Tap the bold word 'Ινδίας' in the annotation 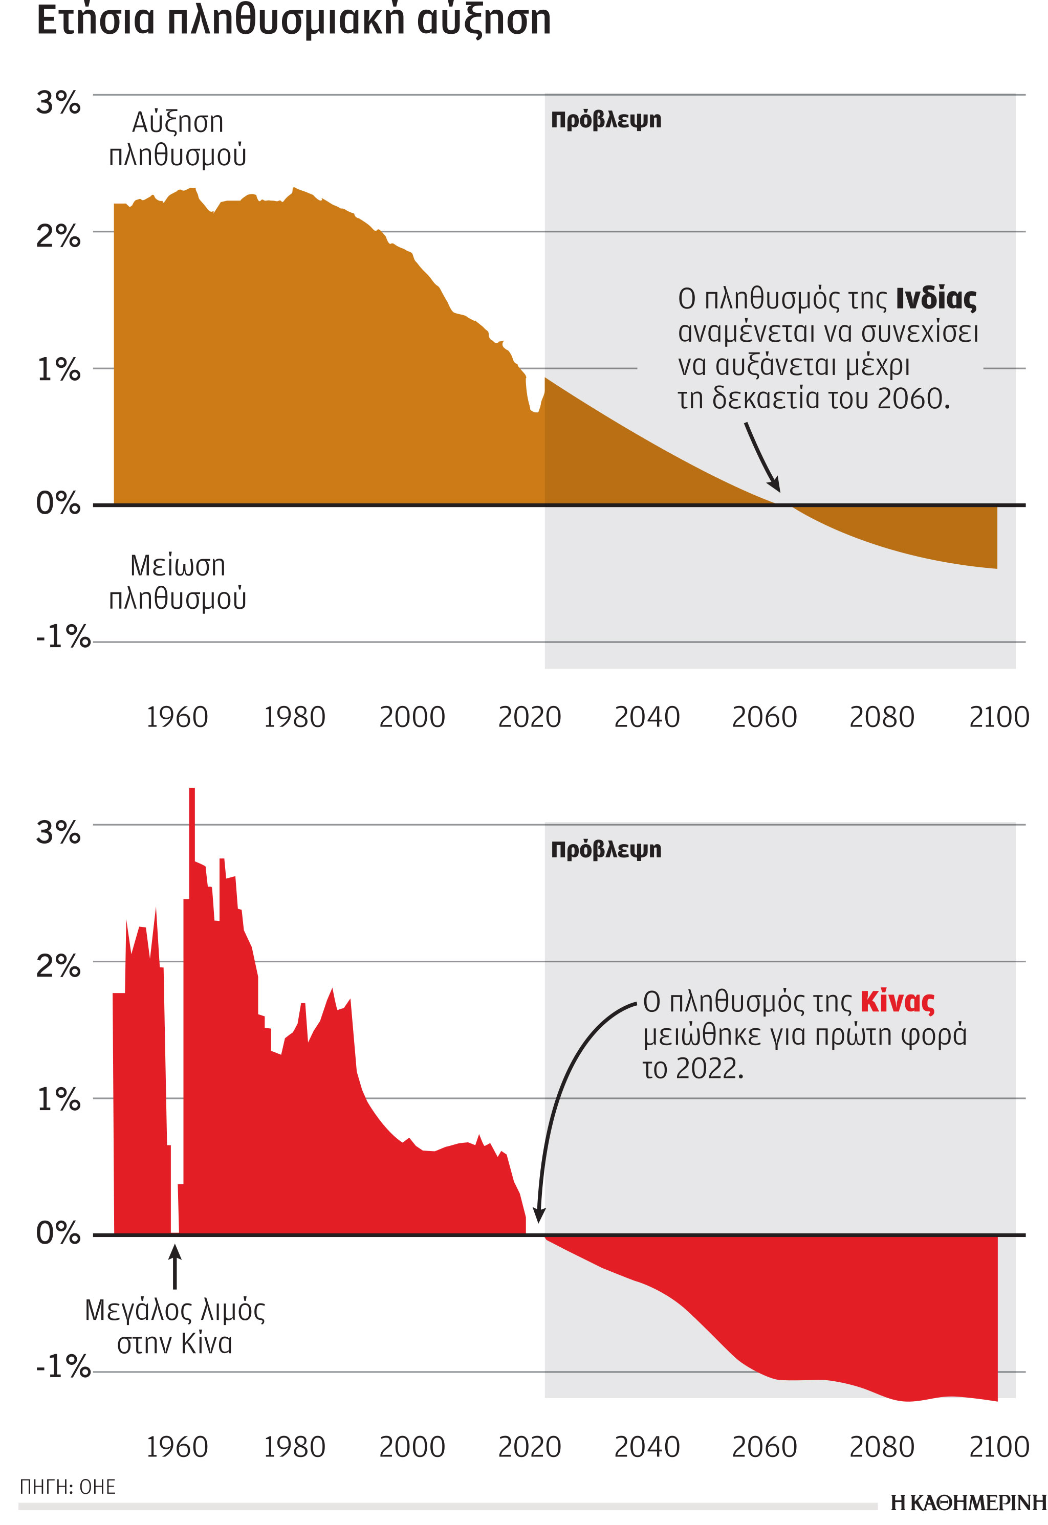click(x=936, y=299)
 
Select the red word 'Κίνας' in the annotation click(x=897, y=1002)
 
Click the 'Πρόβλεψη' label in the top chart click(x=605, y=120)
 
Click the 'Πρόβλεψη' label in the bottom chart click(x=605, y=850)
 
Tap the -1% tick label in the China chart click(x=62, y=1367)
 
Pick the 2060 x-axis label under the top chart click(x=763, y=717)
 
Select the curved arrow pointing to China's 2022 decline click(x=565, y=1083)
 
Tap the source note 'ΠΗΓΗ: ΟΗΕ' click(x=68, y=1487)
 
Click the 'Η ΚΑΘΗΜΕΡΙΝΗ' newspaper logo click(x=968, y=1502)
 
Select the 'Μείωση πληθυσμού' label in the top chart click(x=177, y=582)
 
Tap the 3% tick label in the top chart click(x=58, y=102)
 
